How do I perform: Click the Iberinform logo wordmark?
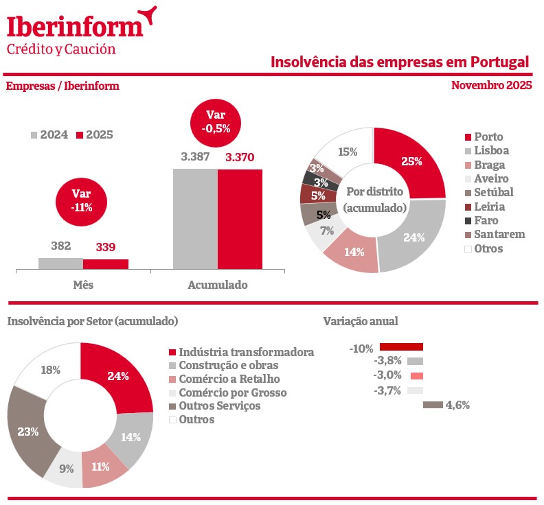click(76, 25)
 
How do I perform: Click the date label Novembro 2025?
click(492, 86)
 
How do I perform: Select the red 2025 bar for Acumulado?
click(240, 218)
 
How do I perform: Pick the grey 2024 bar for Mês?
click(60, 263)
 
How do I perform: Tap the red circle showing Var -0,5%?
click(216, 121)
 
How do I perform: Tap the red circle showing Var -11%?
click(82, 200)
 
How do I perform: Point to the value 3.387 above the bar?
click(195, 157)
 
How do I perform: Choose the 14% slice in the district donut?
click(353, 252)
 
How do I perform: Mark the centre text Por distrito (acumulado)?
click(374, 199)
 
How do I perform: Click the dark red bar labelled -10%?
click(401, 347)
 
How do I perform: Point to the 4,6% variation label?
click(457, 405)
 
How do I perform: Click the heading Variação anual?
click(360, 321)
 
